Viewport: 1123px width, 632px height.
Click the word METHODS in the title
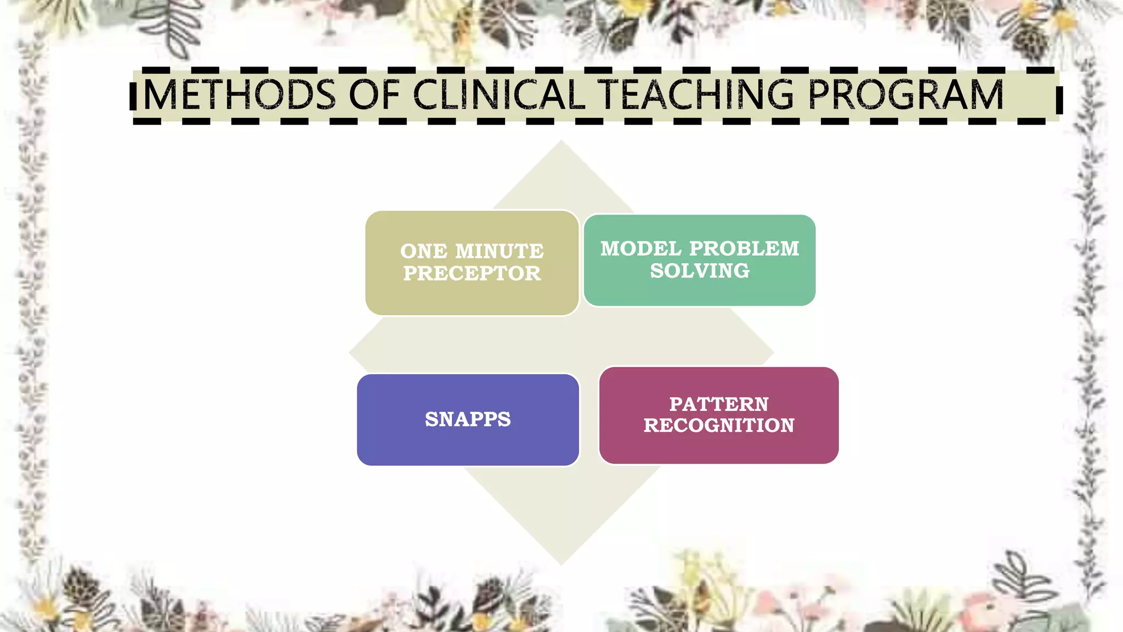239,95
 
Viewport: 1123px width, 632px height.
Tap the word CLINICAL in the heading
499,95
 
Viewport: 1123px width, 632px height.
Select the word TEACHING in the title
695,95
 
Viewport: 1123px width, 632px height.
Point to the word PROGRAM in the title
905,95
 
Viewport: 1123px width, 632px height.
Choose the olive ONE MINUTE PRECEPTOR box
472,296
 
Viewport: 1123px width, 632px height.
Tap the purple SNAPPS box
468,444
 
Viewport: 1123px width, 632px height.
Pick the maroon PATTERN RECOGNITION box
718,447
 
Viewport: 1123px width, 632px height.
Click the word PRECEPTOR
472,273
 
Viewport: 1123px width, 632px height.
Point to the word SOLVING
700,270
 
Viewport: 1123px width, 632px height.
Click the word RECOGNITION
719,425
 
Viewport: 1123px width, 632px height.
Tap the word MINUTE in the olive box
500,251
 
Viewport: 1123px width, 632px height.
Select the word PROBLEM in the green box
744,249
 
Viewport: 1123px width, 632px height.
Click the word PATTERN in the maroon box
719,404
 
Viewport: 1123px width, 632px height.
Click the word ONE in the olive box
424,251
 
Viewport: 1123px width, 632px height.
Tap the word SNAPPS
468,419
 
